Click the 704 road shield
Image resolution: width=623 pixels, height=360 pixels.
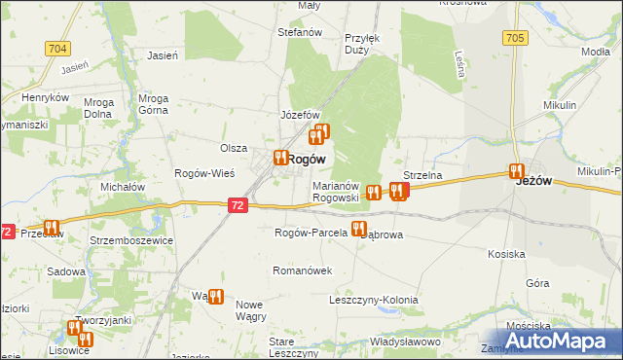tap(56, 47)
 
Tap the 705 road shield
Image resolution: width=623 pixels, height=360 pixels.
tap(516, 38)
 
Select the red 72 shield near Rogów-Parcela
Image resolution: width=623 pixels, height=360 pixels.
tap(239, 205)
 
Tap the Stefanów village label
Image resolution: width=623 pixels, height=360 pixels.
tap(300, 32)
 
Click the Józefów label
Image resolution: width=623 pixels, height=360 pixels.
tap(301, 115)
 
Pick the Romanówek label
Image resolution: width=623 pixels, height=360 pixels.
tap(304, 270)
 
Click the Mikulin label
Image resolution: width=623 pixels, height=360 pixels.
tap(561, 104)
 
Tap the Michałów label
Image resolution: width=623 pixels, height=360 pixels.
tap(124, 186)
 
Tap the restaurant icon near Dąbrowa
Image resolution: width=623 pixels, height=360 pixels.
tap(358, 230)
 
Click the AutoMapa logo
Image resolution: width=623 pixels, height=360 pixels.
tap(560, 340)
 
